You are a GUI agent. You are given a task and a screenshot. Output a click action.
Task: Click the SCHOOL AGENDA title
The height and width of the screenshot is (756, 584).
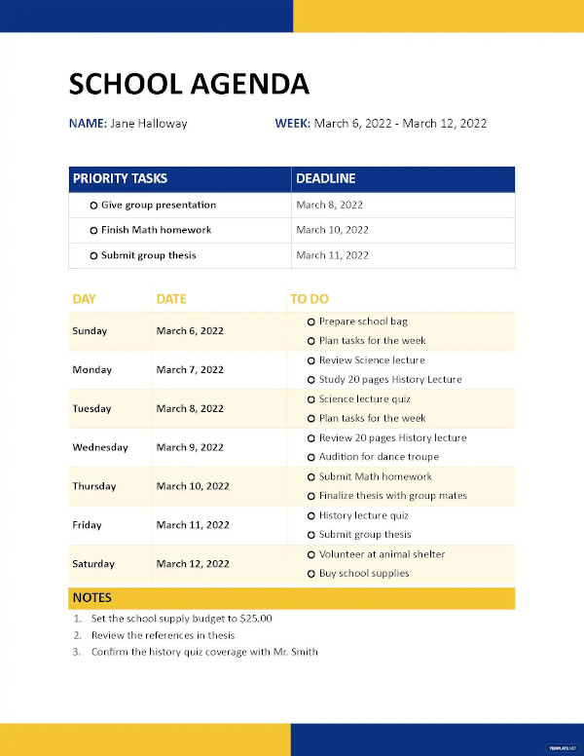click(x=189, y=84)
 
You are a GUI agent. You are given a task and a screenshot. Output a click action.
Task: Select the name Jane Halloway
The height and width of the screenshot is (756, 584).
click(x=149, y=124)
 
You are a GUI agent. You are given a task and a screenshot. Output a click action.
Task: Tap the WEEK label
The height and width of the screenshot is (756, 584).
click(x=292, y=124)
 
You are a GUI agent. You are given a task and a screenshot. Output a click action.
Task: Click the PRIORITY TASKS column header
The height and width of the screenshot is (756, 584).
click(x=120, y=178)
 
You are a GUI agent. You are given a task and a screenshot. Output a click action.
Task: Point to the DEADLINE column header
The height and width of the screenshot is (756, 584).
click(x=326, y=178)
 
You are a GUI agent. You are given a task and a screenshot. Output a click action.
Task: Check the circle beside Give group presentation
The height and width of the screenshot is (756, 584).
click(x=93, y=206)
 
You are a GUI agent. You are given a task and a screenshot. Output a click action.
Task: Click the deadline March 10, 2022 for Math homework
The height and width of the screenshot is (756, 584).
click(x=332, y=230)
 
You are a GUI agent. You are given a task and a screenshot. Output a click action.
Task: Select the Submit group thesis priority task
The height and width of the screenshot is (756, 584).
click(x=148, y=255)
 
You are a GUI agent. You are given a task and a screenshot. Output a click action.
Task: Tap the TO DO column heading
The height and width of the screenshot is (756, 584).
click(x=310, y=299)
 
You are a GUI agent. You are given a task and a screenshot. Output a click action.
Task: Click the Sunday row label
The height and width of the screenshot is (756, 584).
click(x=90, y=331)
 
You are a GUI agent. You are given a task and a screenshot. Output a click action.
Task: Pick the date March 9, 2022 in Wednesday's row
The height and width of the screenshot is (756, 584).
click(x=190, y=448)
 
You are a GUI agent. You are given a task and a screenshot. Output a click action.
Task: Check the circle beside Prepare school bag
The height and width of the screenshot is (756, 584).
click(x=310, y=321)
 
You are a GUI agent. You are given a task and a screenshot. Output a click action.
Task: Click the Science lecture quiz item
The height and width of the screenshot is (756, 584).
click(x=364, y=399)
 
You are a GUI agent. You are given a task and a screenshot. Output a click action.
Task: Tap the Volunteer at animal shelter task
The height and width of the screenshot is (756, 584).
click(x=382, y=554)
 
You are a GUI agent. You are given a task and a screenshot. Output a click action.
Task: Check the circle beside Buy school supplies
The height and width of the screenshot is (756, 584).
click(x=310, y=574)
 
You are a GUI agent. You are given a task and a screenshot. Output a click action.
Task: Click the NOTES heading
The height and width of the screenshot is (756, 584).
click(x=91, y=598)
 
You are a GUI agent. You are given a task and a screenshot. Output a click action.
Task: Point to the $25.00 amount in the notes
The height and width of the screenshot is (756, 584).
click(x=256, y=619)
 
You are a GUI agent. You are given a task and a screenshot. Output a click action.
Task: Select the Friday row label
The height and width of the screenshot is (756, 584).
click(x=87, y=525)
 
